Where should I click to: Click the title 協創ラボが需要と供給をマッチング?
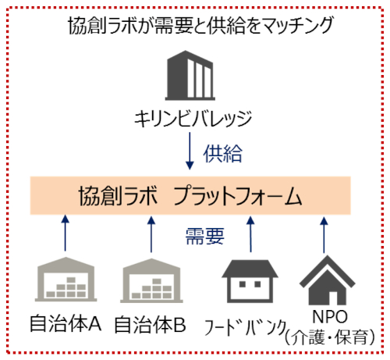(200, 25)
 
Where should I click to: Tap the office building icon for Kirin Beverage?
(190, 76)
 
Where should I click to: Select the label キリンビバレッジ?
(193, 119)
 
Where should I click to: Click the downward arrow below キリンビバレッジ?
(190, 151)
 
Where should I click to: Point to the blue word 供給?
(223, 154)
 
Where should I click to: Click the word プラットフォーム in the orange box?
(237, 196)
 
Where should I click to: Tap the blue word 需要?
(205, 236)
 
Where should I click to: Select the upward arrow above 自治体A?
(66, 233)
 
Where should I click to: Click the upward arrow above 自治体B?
(151, 234)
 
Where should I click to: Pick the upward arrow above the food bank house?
(250, 234)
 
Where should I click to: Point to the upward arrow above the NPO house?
(324, 235)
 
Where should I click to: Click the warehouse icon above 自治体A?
(66, 280)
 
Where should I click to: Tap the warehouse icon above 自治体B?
(151, 280)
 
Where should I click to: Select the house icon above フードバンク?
(250, 281)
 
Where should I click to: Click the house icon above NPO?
(328, 280)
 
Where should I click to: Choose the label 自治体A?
(66, 323)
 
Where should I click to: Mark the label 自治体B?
(151, 325)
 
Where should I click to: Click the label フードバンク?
(245, 327)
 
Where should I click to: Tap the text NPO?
(330, 317)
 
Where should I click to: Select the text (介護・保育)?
(330, 337)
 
